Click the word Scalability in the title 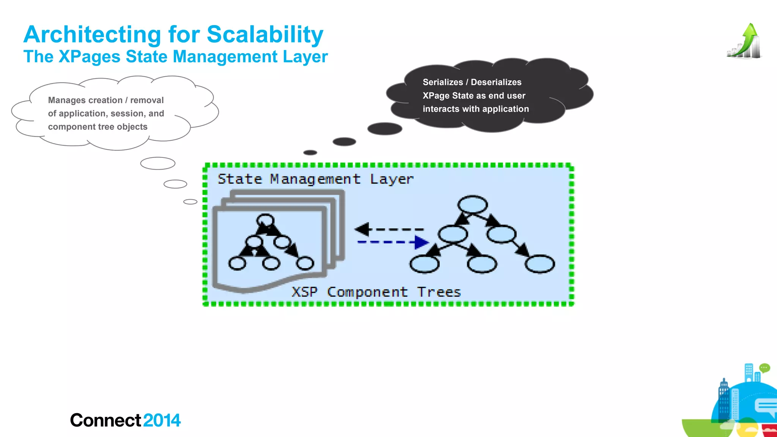pyautogui.click(x=265, y=35)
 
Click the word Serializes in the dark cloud pyautogui.click(x=443, y=82)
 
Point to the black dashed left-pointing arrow pyautogui.click(x=388, y=229)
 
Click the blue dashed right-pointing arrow pyautogui.click(x=393, y=242)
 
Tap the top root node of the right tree pyautogui.click(x=472, y=204)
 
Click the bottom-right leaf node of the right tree pyautogui.click(x=539, y=264)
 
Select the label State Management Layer pyautogui.click(x=315, y=179)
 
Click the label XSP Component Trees pyautogui.click(x=376, y=292)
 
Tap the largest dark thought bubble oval pyautogui.click(x=385, y=129)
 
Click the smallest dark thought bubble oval pyautogui.click(x=310, y=152)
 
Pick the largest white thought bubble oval pyautogui.click(x=157, y=163)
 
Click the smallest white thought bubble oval pyautogui.click(x=190, y=202)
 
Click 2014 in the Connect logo pyautogui.click(x=162, y=420)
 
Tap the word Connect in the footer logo pyautogui.click(x=106, y=420)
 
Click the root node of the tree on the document pyautogui.click(x=265, y=220)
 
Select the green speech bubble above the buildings pyautogui.click(x=764, y=368)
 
